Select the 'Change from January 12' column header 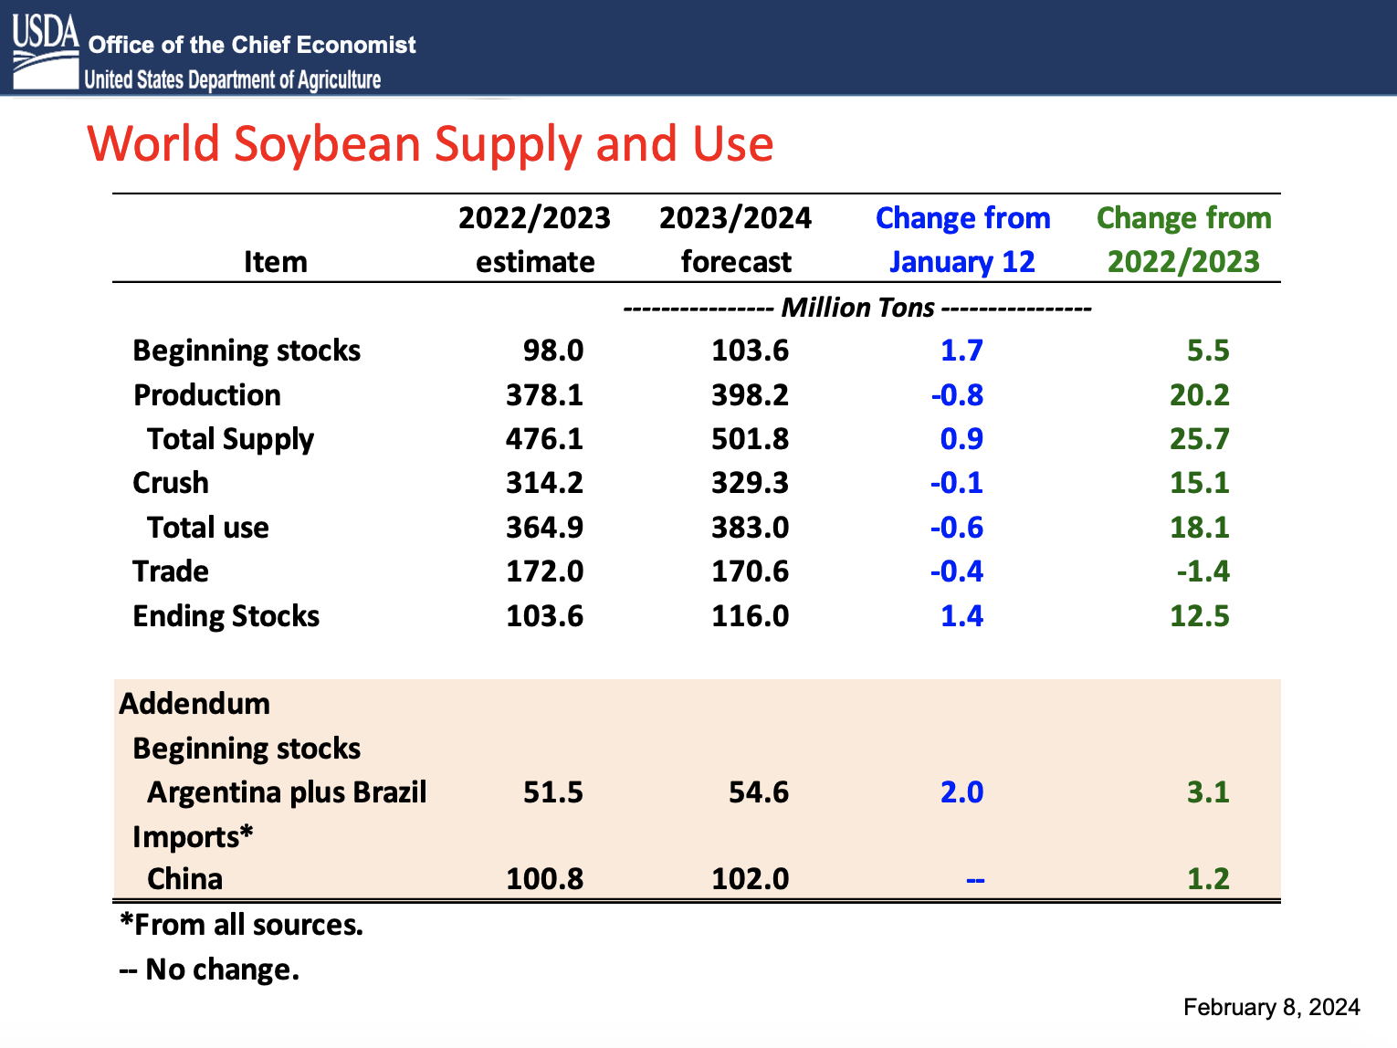point(962,240)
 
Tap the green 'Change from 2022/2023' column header point(1183,240)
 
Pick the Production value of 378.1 point(544,395)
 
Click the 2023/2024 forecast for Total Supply point(750,439)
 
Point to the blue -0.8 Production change point(957,395)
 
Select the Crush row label point(171,483)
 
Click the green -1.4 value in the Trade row point(1203,571)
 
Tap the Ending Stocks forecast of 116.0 point(750,616)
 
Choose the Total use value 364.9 point(544,528)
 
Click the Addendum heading point(194,704)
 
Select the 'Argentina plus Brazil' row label point(287,792)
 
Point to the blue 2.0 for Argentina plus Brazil point(961,792)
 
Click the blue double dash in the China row point(975,880)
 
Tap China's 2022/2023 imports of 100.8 point(544,879)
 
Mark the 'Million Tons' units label point(857,308)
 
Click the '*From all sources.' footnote point(242,925)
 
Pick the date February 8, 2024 point(1271,1007)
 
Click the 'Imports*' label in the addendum point(193,837)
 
